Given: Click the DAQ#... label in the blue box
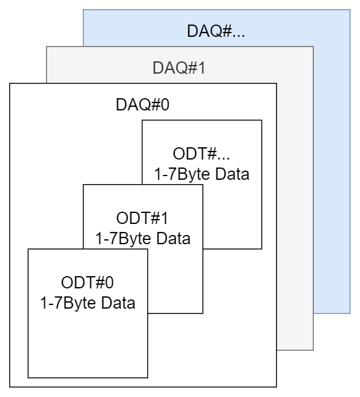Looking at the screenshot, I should point(216,31).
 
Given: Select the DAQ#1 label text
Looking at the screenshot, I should point(179,67).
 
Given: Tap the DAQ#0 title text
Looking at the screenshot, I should point(142,104).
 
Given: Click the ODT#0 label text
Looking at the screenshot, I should point(88,283).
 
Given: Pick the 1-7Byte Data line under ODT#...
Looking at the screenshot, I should point(202,174).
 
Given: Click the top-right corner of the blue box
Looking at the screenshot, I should point(350,10).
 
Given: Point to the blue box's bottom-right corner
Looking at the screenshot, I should point(350,314).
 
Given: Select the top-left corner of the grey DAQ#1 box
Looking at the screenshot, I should point(47,47).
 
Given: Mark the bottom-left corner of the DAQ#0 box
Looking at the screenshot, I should point(10,387).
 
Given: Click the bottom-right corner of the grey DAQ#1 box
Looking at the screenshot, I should point(313,350).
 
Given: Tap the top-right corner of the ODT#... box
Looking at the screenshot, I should point(261,120).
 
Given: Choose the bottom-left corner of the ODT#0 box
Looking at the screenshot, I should point(28,378).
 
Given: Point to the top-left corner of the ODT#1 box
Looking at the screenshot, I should point(83,185).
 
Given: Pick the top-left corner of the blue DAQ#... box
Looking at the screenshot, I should point(83,10).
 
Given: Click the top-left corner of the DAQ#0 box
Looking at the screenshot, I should point(10,83).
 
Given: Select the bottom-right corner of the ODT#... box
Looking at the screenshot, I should point(261,249).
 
